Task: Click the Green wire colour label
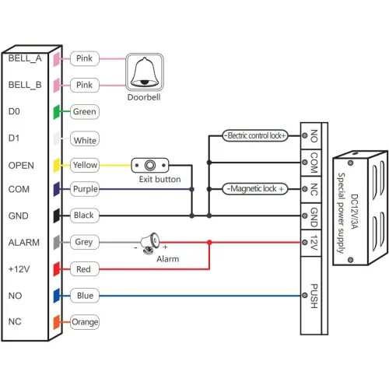point(84,111)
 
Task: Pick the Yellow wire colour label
point(84,165)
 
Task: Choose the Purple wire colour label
point(84,189)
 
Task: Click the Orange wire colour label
point(85,321)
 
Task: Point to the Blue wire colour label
point(84,296)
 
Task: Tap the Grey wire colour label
point(84,242)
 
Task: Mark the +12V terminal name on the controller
point(19,268)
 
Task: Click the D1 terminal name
point(13,139)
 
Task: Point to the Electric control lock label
point(254,135)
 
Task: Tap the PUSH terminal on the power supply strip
point(313,296)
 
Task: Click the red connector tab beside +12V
point(57,269)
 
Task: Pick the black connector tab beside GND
point(57,216)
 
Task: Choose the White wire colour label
point(84,141)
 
